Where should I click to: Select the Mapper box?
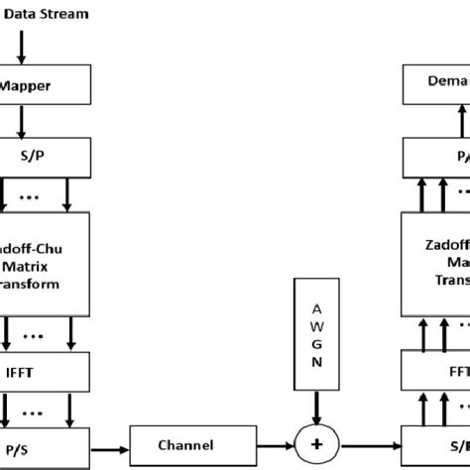click(45, 85)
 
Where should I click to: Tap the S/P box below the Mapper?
click(45, 156)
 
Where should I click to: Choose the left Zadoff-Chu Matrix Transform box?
click(45, 254)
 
